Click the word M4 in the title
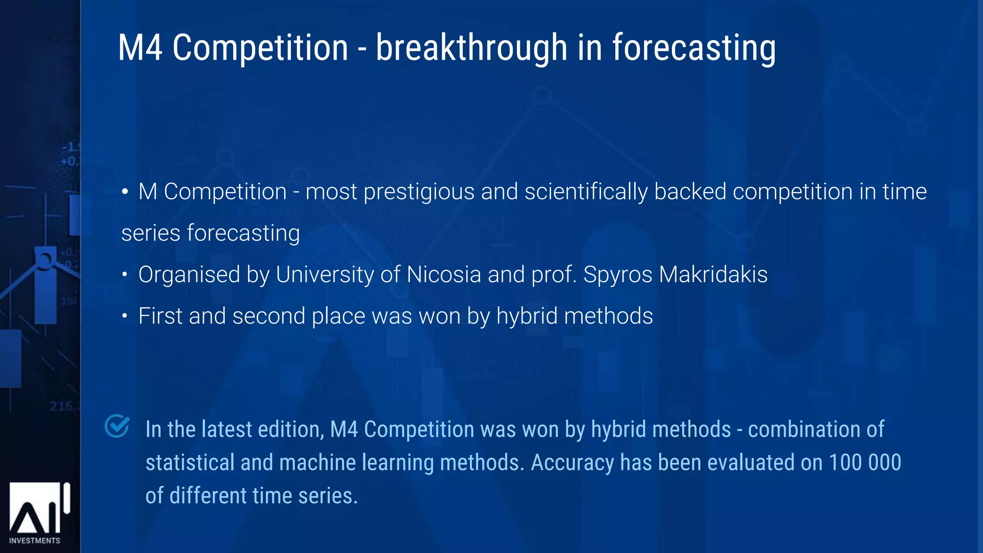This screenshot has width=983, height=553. (x=140, y=48)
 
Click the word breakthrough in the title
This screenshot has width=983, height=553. (x=471, y=48)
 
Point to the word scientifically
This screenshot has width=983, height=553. (x=586, y=192)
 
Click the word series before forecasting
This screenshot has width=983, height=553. (x=151, y=233)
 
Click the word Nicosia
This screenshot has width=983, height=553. (x=444, y=275)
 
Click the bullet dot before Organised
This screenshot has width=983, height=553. (x=125, y=275)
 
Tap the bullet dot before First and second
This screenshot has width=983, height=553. (x=125, y=316)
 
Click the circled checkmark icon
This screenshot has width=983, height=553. (x=117, y=426)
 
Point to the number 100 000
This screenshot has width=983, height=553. (x=865, y=463)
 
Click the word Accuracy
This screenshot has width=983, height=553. (x=572, y=463)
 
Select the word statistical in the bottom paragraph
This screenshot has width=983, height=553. (x=190, y=463)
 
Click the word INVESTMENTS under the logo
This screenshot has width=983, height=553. (x=35, y=541)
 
